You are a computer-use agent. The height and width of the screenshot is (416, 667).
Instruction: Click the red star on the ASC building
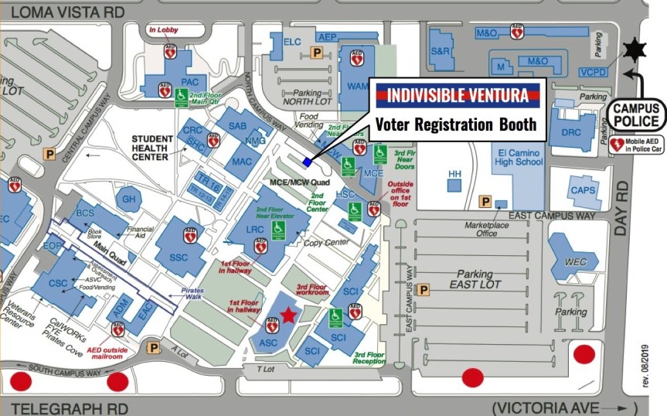[x=288, y=314]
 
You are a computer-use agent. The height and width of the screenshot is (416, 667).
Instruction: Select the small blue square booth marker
[x=308, y=162]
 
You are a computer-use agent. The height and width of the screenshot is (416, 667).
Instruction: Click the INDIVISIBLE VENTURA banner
[x=457, y=97]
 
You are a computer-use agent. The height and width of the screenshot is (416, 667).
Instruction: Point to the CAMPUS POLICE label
[x=636, y=114]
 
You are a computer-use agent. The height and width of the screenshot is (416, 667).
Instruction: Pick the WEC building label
[x=575, y=261]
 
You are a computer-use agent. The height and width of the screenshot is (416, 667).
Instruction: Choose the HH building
[x=454, y=174]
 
